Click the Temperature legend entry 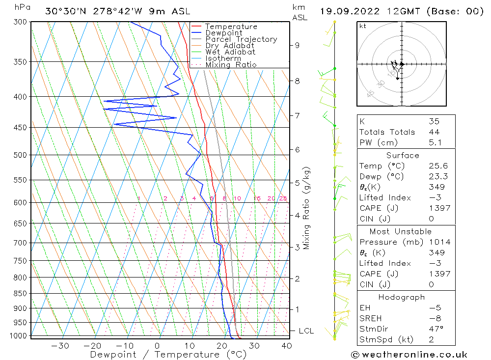coord(231,27)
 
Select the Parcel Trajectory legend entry coord(241,39)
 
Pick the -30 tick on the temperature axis coord(60,346)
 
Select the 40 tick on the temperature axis coord(286,346)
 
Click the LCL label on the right coord(306,331)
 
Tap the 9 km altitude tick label coord(298,45)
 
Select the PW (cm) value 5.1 coord(434,142)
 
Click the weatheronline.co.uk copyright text coord(409,355)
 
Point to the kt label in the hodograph coord(362,26)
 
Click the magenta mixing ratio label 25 coord(283,198)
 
